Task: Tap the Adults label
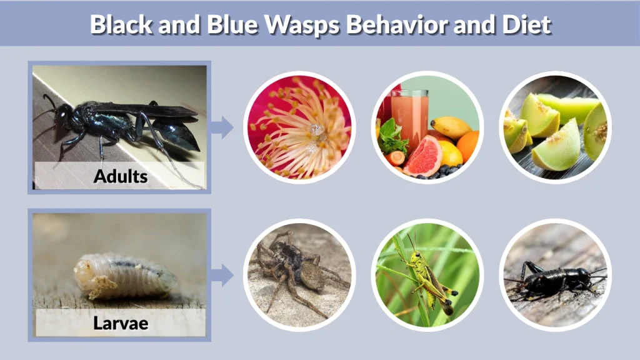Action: [120, 176]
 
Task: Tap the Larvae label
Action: [120, 323]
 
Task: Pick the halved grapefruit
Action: [422, 155]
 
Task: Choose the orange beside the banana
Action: [468, 147]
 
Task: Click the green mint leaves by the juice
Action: [392, 137]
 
